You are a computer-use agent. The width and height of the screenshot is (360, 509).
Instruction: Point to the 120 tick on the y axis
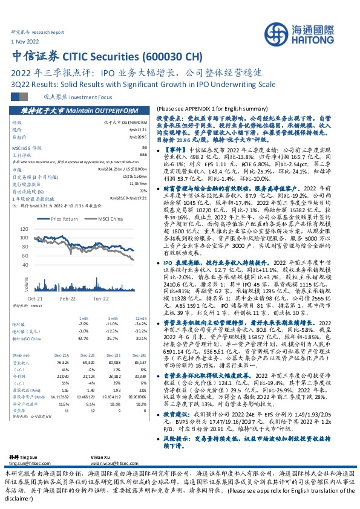click(25, 229)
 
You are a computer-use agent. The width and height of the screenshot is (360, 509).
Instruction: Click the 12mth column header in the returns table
click(140, 317)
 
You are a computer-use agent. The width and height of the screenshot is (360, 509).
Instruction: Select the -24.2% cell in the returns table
click(141, 323)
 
